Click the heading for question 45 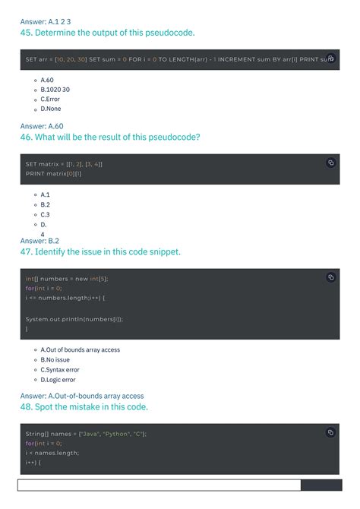(x=107, y=33)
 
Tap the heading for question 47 (x=100, y=251)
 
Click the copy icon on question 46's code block (x=330, y=163)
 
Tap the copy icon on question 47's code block (x=330, y=277)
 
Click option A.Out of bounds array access (x=80, y=350)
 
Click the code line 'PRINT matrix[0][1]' (x=53, y=174)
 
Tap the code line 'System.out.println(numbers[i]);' (x=74, y=319)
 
